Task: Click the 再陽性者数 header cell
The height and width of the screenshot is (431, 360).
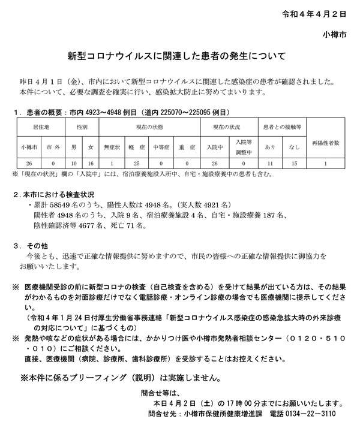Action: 325,143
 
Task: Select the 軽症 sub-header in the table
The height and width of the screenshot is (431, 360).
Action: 136,146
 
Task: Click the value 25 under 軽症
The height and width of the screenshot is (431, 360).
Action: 136,163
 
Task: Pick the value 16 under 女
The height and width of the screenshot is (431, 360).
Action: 91,163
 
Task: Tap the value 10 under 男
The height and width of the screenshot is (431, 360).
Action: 74,163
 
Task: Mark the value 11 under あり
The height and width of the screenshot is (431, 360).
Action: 270,163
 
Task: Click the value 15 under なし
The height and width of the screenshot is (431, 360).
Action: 294,163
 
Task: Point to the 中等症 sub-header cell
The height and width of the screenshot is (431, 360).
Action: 161,146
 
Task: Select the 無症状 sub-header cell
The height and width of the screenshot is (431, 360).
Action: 112,146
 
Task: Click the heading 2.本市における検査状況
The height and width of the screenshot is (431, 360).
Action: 55,195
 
